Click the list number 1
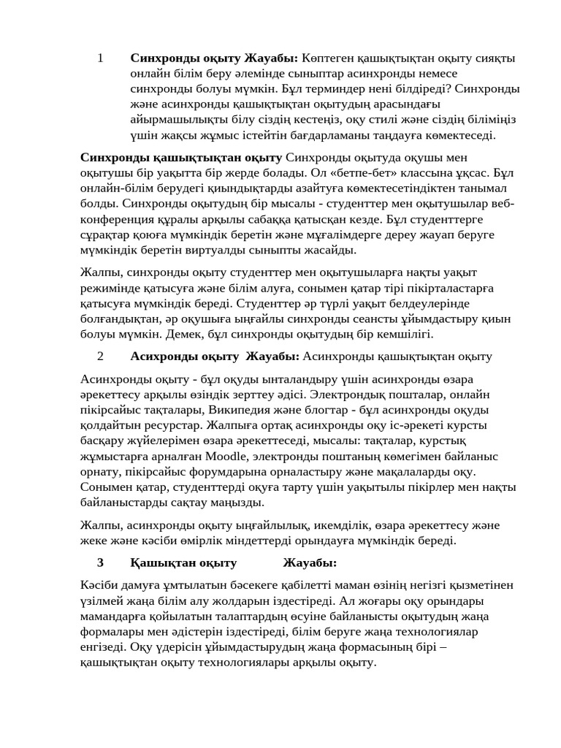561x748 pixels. tap(100, 58)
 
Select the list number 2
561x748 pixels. tap(100, 356)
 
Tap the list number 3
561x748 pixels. tap(100, 562)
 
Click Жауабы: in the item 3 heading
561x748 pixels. tap(310, 562)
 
